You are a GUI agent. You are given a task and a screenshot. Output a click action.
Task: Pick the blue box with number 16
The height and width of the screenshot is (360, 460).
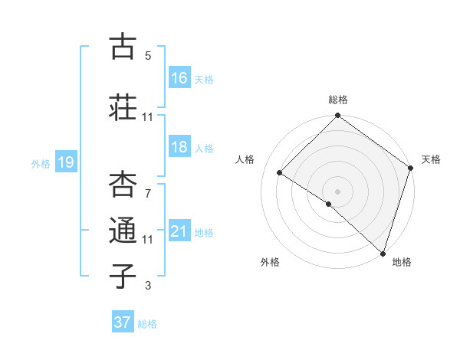[179, 78]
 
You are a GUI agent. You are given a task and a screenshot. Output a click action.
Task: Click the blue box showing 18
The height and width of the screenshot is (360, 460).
[179, 148]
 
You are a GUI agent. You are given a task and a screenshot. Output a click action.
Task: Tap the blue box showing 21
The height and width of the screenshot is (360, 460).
[179, 231]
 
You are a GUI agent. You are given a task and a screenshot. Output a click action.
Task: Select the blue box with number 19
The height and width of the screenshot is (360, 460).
[65, 162]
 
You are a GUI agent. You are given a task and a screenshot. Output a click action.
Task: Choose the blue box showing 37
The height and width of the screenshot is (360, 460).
[123, 322]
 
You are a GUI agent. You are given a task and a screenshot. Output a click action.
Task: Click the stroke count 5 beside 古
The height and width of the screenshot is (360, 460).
[148, 55]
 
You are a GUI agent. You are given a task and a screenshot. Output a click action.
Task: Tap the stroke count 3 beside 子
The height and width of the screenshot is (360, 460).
[148, 286]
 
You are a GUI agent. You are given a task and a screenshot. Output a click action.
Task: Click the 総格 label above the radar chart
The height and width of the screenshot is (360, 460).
[338, 100]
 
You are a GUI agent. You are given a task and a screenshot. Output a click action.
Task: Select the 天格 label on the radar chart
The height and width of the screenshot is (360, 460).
[431, 159]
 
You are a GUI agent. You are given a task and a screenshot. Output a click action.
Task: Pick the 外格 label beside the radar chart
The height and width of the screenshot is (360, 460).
[270, 262]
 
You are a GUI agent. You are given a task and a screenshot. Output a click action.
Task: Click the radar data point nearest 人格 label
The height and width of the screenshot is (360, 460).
[280, 172]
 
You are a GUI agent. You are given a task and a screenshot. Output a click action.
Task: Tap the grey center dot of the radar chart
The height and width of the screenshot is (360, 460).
[337, 190]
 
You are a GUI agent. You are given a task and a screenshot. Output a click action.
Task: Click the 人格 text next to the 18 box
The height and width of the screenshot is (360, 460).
[204, 149]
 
